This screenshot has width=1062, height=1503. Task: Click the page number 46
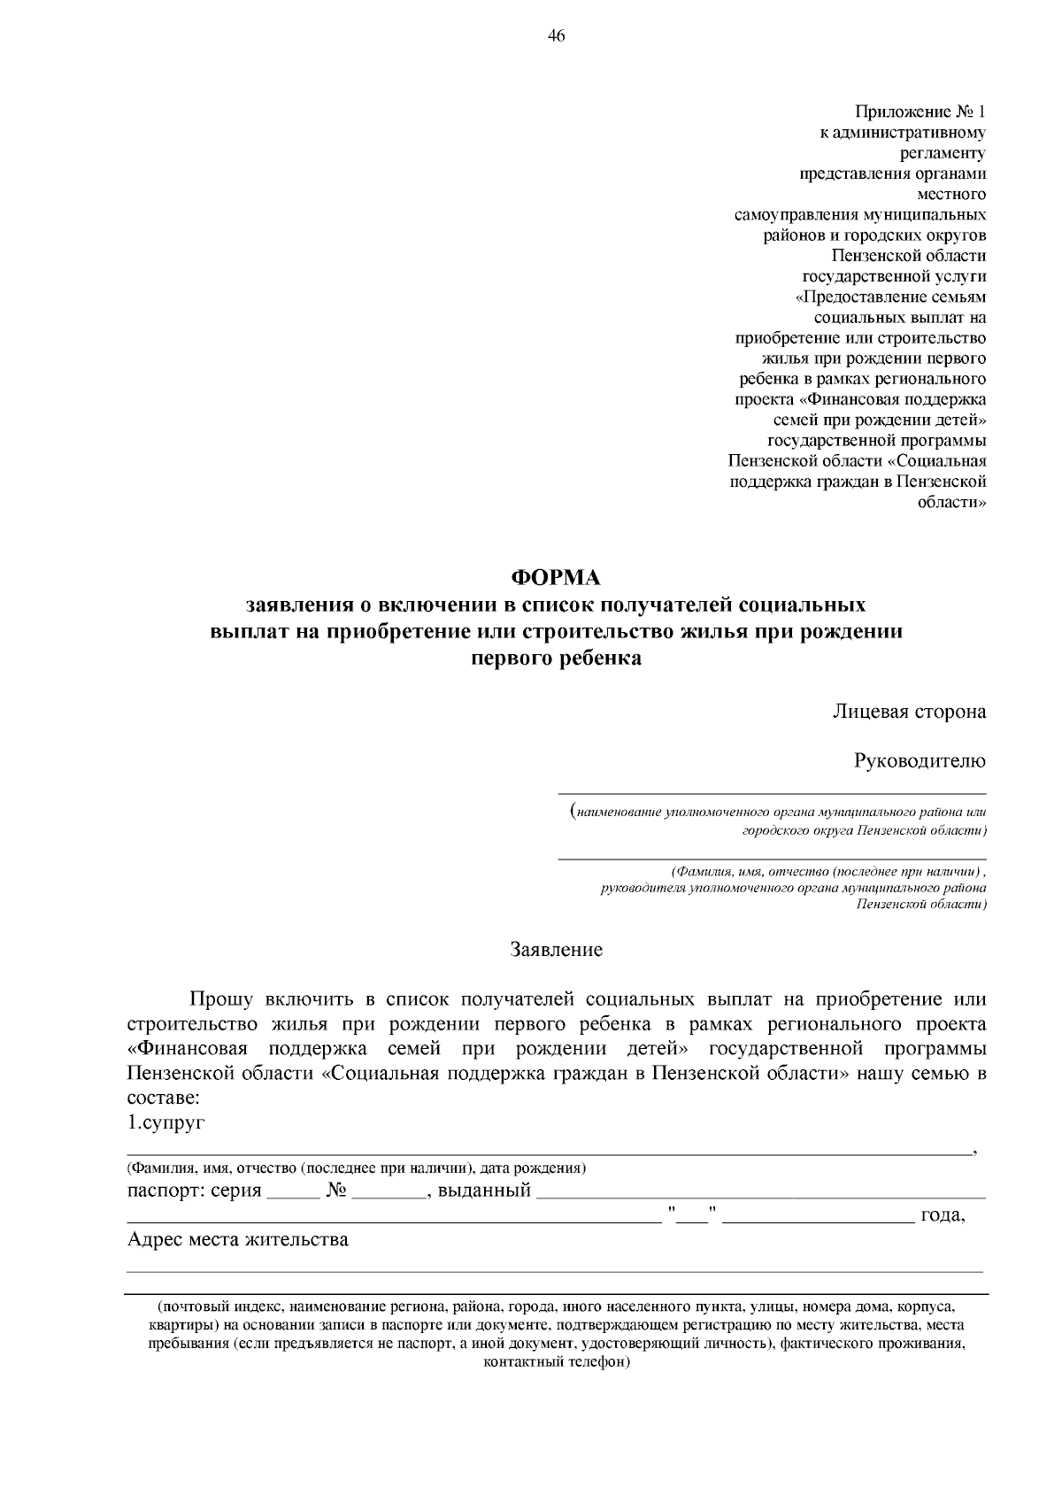pyautogui.click(x=557, y=36)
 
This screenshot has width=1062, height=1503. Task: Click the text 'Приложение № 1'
pyautogui.click(x=920, y=112)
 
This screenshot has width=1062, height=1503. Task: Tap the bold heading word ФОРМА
pyautogui.click(x=557, y=578)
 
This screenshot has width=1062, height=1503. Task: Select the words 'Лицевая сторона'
pyautogui.click(x=909, y=712)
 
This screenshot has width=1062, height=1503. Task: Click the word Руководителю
pyautogui.click(x=920, y=760)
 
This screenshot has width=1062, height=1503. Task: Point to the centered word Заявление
pyautogui.click(x=557, y=950)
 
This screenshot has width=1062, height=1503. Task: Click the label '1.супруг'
pyautogui.click(x=166, y=1123)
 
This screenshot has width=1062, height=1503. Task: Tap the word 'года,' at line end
pyautogui.click(x=943, y=1215)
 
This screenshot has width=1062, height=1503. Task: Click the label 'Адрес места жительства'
pyautogui.click(x=238, y=1239)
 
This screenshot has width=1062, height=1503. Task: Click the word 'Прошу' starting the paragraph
pyautogui.click(x=221, y=999)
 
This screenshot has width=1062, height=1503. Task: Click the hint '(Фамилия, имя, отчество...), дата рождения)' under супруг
pyautogui.click(x=357, y=1168)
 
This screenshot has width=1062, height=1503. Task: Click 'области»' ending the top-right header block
pyautogui.click(x=953, y=502)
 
